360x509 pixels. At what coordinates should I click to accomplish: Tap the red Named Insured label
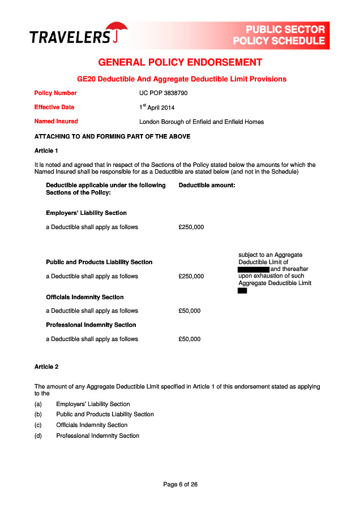click(x=56, y=121)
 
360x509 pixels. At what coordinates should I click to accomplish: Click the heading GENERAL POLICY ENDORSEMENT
click(x=180, y=62)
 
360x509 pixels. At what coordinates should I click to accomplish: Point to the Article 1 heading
click(x=46, y=150)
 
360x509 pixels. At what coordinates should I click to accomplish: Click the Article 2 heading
click(x=46, y=367)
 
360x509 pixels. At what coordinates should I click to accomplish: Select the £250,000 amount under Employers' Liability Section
click(x=191, y=227)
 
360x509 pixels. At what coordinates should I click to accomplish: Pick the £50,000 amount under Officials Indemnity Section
click(x=189, y=310)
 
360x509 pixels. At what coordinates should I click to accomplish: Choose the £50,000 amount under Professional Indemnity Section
click(x=189, y=339)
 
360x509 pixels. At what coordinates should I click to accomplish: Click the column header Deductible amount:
click(x=207, y=185)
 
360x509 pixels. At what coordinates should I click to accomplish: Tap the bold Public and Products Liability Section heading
click(x=99, y=262)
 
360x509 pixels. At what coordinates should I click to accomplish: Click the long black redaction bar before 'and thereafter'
click(x=254, y=269)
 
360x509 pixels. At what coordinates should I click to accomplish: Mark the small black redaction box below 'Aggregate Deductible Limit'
click(x=242, y=291)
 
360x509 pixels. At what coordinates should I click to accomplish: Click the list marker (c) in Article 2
click(x=38, y=425)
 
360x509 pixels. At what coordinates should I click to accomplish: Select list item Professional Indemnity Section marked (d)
click(x=97, y=436)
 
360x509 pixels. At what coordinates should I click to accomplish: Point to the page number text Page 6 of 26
click(x=180, y=484)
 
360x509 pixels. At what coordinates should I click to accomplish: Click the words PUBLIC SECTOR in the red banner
click(x=285, y=29)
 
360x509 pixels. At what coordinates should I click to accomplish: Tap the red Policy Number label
click(x=55, y=93)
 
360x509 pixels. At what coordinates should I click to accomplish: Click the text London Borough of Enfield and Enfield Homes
click(x=202, y=122)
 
